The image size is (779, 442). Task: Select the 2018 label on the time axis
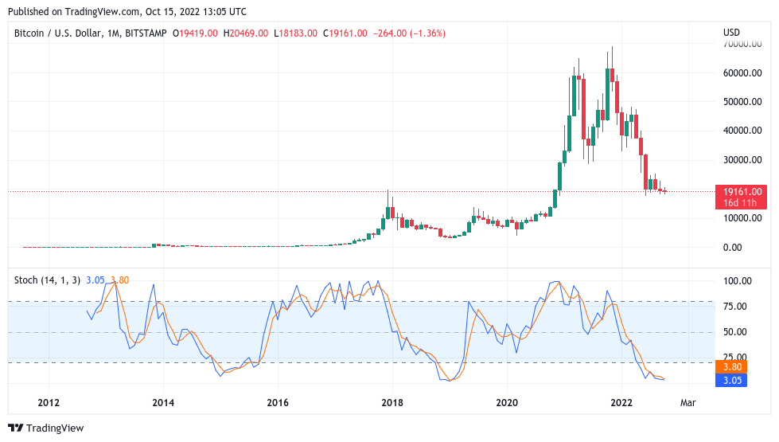click(391, 403)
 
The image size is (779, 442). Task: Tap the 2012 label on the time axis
click(49, 403)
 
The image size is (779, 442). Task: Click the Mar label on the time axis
click(688, 403)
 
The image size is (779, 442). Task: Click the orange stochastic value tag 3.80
click(731, 367)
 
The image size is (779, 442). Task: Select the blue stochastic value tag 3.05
click(731, 381)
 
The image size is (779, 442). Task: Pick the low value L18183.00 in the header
click(296, 33)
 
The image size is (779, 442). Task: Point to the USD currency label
click(731, 33)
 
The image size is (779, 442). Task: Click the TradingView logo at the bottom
click(46, 428)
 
